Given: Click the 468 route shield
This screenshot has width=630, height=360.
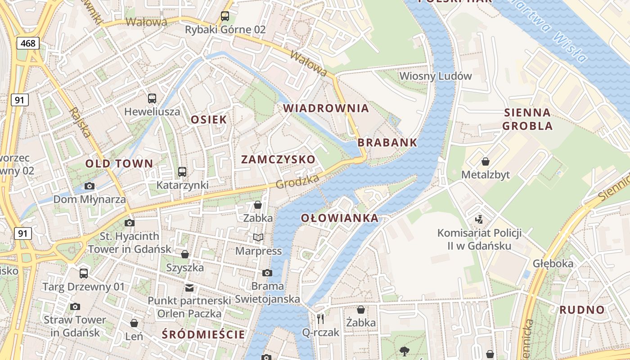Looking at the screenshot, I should pyautogui.click(x=29, y=43).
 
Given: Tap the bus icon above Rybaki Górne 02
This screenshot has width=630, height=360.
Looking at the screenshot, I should pyautogui.click(x=225, y=17).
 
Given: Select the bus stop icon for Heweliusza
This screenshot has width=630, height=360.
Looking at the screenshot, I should pyautogui.click(x=152, y=98).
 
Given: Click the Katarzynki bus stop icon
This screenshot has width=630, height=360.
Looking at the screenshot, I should pyautogui.click(x=182, y=171).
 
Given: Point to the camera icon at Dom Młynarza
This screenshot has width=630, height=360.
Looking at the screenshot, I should pyautogui.click(x=90, y=186).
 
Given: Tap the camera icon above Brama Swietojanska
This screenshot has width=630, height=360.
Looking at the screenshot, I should pyautogui.click(x=267, y=273).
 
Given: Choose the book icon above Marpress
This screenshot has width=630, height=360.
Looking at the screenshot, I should pyautogui.click(x=258, y=237).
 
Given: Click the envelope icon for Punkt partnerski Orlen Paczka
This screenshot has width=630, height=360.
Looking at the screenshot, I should pyautogui.click(x=189, y=288).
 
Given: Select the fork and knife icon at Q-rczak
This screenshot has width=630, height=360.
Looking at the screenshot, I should pyautogui.click(x=320, y=319).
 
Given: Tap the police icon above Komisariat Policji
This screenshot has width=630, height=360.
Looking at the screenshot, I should pyautogui.click(x=479, y=220).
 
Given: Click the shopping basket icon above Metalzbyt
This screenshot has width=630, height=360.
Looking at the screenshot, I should pyautogui.click(x=486, y=161).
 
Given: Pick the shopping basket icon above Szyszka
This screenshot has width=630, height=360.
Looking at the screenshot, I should pyautogui.click(x=184, y=254).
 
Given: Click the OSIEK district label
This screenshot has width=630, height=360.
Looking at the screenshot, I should pyautogui.click(x=209, y=120).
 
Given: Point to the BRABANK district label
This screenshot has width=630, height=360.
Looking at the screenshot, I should pyautogui.click(x=387, y=143).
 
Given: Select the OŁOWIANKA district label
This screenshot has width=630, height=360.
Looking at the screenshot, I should pyautogui.click(x=340, y=218).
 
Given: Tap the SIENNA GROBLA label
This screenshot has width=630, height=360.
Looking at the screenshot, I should pyautogui.click(x=527, y=119).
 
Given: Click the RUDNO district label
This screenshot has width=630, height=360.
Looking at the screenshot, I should pyautogui.click(x=582, y=310).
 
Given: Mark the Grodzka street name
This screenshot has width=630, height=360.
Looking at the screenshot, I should pyautogui.click(x=297, y=181).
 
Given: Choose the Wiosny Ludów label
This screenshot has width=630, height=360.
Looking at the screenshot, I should pyautogui.click(x=436, y=76).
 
